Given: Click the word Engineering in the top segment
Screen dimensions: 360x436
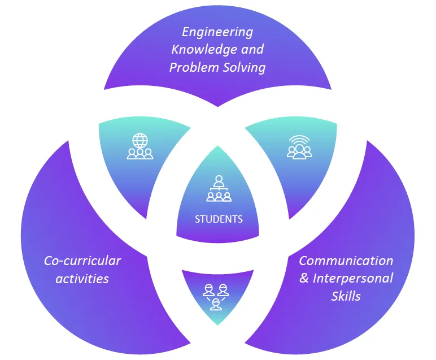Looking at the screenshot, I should click(217, 32).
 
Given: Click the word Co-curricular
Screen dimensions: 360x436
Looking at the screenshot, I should click(82, 261).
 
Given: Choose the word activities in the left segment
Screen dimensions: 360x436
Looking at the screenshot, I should click(82, 279).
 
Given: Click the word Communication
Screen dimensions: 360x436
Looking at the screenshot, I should click(346, 261).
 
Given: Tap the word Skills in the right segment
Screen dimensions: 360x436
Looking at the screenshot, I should click(346, 296).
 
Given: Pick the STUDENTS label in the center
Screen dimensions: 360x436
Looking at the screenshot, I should click(219, 219).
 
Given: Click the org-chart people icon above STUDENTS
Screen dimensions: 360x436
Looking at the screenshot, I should click(219, 189).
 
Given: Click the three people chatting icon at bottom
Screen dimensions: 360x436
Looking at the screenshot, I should click(216, 295).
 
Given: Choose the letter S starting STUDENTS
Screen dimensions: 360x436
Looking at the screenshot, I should click(197, 219).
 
